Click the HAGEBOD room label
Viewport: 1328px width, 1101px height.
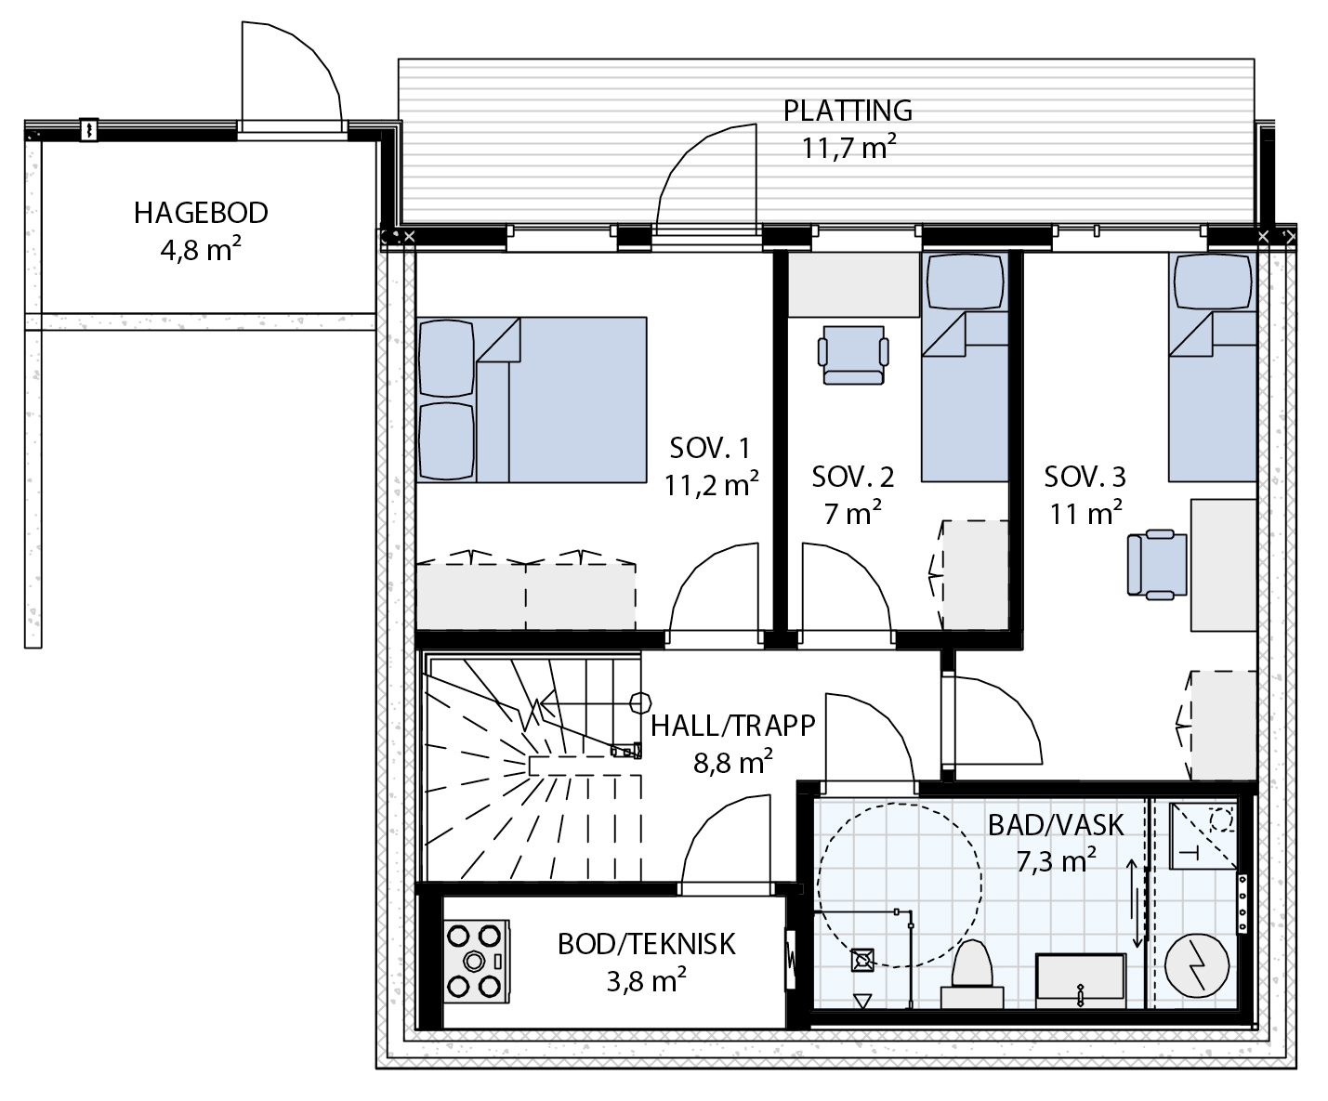point(201,213)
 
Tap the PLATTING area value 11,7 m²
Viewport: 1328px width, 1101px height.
point(848,148)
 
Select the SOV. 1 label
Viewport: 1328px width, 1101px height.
point(710,449)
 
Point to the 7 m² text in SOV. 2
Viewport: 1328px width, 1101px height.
point(852,513)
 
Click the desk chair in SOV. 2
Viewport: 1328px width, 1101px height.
point(853,355)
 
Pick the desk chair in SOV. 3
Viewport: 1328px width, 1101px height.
point(1157,565)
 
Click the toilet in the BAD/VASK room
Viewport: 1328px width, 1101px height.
point(972,974)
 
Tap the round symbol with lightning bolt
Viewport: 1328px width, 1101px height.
point(1196,965)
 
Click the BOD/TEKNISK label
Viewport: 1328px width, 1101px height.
point(646,945)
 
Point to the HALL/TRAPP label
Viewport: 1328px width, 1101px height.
point(732,726)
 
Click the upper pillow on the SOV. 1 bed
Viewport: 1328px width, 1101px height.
point(446,359)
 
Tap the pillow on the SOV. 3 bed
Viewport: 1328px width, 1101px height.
point(1212,281)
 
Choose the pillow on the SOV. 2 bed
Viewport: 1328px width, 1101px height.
point(966,281)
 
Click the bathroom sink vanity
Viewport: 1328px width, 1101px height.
point(1081,979)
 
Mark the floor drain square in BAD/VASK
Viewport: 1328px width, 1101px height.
point(862,960)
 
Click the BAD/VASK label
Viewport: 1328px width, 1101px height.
point(1056,825)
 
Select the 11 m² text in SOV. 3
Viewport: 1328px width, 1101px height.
point(1085,513)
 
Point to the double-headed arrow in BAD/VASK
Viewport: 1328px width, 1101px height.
point(1133,903)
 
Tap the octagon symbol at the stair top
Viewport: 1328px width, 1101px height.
point(640,703)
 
